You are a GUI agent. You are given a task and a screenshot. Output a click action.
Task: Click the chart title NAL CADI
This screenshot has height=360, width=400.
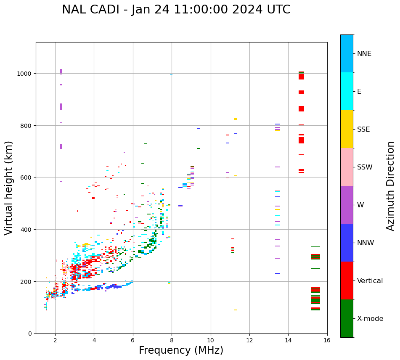pos(176,10)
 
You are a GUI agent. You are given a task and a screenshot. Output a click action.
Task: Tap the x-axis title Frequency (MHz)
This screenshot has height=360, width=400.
pos(181,350)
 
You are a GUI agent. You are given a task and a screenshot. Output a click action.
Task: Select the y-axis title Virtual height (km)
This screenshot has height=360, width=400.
pos(9,188)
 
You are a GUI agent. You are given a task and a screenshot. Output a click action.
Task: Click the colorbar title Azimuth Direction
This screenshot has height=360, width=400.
pos(391,186)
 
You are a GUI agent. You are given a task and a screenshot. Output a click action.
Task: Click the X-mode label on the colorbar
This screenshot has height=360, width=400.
pos(370,319)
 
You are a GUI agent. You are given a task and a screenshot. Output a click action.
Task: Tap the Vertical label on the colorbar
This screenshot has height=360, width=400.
pos(370,281)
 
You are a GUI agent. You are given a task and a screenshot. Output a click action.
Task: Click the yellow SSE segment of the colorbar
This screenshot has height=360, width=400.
pos(347,129)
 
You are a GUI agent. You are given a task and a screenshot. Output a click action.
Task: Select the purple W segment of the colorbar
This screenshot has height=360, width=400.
pos(347,205)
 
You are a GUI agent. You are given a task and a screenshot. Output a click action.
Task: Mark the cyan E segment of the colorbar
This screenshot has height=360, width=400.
pos(347,91)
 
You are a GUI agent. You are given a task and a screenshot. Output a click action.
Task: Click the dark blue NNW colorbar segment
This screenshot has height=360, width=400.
pos(347,243)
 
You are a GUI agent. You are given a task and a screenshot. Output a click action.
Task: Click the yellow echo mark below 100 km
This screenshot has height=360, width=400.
pos(236,310)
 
